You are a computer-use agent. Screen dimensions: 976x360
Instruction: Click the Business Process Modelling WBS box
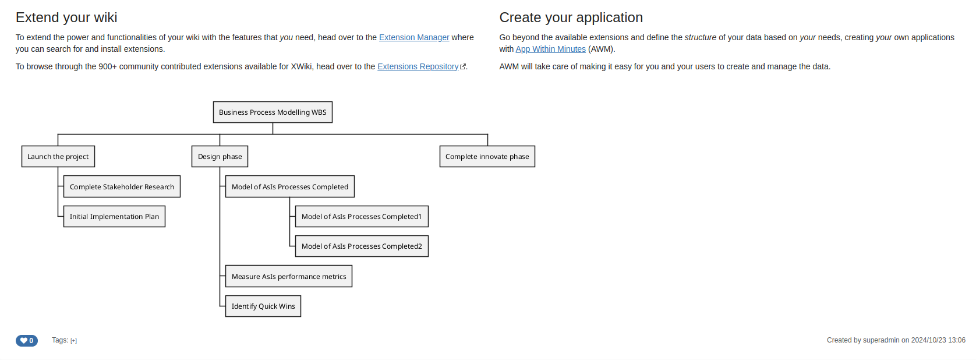click(273, 112)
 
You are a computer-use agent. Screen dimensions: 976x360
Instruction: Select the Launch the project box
click(58, 157)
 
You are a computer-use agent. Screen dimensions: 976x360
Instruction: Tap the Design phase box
click(220, 157)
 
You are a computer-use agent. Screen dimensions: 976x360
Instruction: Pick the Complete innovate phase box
click(487, 157)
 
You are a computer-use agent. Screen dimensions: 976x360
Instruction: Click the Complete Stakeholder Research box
click(122, 186)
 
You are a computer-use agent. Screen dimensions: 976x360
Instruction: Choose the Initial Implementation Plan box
click(114, 217)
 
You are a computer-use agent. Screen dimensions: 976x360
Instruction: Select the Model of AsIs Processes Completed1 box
click(362, 217)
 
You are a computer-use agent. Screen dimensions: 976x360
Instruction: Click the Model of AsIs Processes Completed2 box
click(362, 246)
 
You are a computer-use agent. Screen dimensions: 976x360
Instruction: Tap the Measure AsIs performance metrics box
click(289, 276)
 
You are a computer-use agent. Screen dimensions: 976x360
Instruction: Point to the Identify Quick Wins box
click(263, 306)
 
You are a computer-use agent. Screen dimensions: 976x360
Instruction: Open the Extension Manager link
click(414, 37)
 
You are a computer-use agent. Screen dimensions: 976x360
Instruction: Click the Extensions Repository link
click(418, 66)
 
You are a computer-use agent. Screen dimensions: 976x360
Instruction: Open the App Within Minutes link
click(551, 50)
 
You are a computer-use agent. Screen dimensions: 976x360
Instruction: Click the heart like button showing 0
click(27, 340)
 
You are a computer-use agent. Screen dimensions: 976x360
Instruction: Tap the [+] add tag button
click(73, 341)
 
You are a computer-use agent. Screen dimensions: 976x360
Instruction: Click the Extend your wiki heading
click(66, 17)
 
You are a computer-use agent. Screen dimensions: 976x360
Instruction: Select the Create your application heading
click(571, 17)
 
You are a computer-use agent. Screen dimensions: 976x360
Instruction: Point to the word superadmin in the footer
click(881, 340)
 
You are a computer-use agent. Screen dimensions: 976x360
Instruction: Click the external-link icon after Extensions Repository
click(463, 66)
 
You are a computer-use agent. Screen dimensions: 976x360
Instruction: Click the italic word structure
click(700, 37)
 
